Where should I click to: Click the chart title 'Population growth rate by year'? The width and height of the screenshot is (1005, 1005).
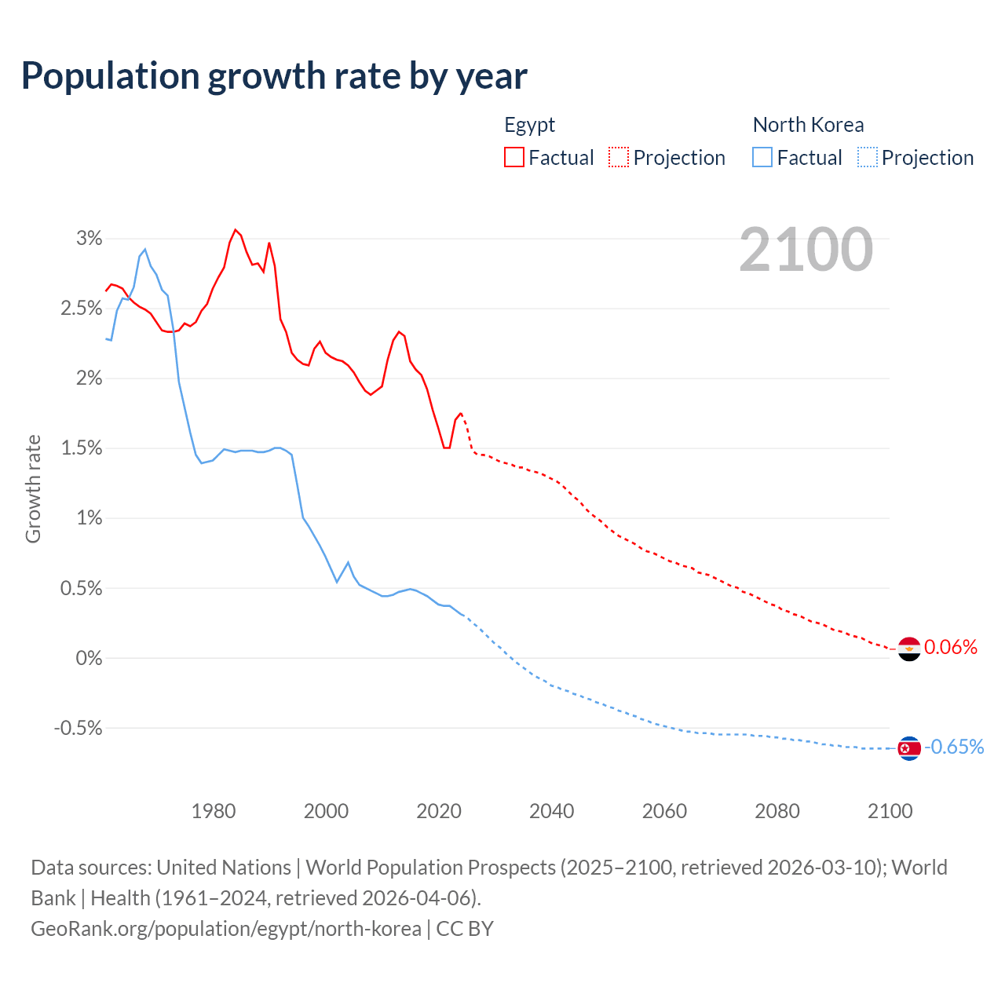coord(274,76)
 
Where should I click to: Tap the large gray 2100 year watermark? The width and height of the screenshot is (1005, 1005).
coord(806,250)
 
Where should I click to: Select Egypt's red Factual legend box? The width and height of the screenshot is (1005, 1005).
coord(514,157)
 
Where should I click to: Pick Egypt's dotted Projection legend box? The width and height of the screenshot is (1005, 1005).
coord(619,157)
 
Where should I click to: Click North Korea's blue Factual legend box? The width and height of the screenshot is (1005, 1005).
coord(762,157)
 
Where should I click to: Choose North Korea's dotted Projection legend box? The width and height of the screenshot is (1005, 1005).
coord(868,157)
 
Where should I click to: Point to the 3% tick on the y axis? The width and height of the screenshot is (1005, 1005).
coord(89,238)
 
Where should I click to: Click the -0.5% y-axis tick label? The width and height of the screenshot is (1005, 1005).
coord(78,728)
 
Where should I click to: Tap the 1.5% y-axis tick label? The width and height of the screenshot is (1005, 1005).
coord(81,448)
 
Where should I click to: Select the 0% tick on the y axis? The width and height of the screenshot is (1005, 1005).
coord(89,658)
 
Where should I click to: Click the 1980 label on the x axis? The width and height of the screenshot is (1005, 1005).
coord(214,811)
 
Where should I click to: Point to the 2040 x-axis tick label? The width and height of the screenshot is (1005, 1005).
coord(551,811)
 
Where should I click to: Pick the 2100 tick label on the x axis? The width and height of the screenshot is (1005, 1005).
coord(890,811)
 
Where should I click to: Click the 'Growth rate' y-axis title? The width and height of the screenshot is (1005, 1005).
coord(33,488)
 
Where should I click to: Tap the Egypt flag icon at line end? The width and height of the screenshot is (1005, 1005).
coord(908,649)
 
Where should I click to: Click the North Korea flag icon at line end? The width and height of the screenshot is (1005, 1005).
coord(908,748)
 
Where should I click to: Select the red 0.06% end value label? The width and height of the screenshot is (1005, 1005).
coord(951,647)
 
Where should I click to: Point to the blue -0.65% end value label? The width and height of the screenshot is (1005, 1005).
coord(954,747)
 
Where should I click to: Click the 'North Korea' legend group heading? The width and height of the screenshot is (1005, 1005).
coord(808,125)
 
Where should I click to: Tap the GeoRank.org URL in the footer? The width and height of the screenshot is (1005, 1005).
coord(226,929)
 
